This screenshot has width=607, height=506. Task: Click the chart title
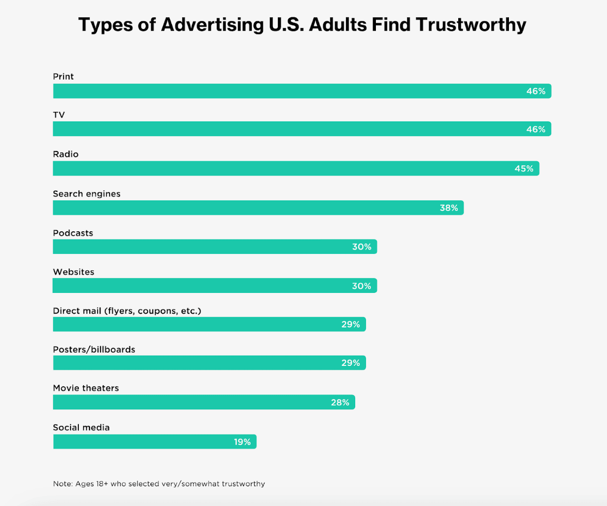[302, 25]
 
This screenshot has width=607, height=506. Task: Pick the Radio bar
[296, 168]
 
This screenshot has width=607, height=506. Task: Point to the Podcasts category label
[73, 233]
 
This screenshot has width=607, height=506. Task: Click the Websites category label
[73, 272]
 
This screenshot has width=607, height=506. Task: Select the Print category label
[63, 76]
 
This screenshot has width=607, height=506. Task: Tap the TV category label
[59, 115]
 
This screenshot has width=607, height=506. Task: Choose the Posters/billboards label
[94, 349]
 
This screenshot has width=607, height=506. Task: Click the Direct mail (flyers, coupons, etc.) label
[127, 311]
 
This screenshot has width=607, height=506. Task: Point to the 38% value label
[448, 208]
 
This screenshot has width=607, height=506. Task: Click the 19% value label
[242, 442]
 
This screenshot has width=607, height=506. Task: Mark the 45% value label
[524, 169]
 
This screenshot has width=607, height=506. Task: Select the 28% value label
[339, 402]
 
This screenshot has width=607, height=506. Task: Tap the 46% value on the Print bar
[536, 91]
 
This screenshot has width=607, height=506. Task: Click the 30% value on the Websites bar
[361, 286]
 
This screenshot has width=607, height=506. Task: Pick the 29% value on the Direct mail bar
[350, 325]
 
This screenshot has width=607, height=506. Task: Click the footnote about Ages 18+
[159, 484]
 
